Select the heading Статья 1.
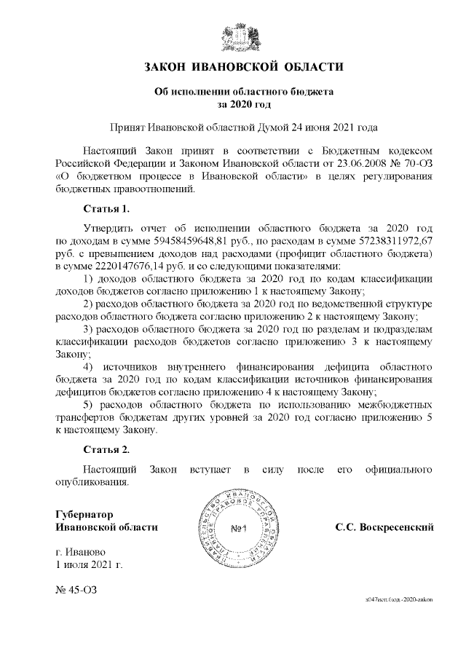tap(106, 210)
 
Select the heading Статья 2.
tap(106, 449)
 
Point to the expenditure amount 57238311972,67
tap(388, 240)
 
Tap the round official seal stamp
tap(242, 529)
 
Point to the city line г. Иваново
tap(80, 551)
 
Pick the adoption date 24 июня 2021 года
tap(317, 127)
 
